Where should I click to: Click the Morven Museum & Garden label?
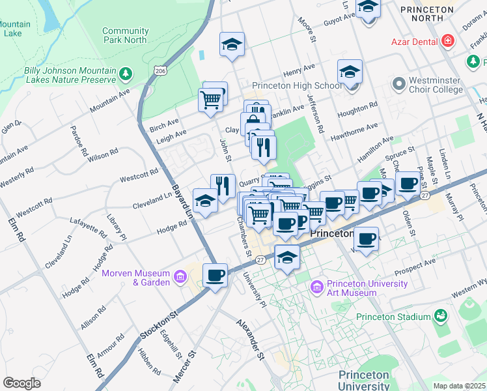134,278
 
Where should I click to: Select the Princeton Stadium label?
393,317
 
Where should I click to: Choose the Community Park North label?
125,35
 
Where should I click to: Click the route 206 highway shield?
159,68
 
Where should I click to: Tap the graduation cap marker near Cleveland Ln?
205,200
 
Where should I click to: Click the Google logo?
21,383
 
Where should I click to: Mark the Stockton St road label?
159,325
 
